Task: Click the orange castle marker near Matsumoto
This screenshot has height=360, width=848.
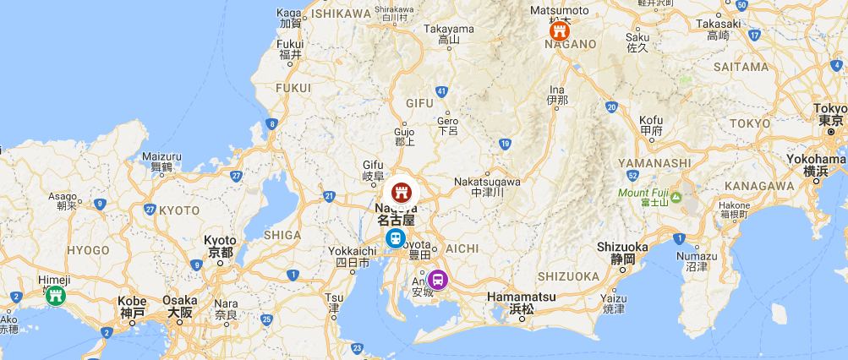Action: pyautogui.click(x=559, y=31)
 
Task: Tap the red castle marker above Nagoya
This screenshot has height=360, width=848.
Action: pyautogui.click(x=402, y=191)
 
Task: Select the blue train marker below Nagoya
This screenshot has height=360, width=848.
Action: pyautogui.click(x=394, y=238)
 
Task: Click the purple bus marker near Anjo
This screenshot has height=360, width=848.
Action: pyautogui.click(x=438, y=278)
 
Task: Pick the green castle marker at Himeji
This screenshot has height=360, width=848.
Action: pyautogui.click(x=56, y=295)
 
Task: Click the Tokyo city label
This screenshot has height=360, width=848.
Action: pyautogui.click(x=829, y=109)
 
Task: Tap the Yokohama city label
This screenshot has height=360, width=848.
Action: pyautogui.click(x=816, y=160)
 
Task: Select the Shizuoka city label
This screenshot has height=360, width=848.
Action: pyautogui.click(x=621, y=246)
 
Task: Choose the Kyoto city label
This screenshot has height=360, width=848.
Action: pyautogui.click(x=220, y=241)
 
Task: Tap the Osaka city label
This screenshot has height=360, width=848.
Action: pyautogui.click(x=179, y=301)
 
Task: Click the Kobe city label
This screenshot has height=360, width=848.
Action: pyautogui.click(x=133, y=301)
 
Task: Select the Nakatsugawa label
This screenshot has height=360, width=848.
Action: pyautogui.click(x=487, y=182)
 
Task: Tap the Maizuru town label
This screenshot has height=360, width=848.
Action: pyautogui.click(x=161, y=156)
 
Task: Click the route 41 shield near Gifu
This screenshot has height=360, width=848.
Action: pyautogui.click(x=441, y=91)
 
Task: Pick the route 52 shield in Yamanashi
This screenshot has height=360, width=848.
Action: pyautogui.click(x=632, y=175)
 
